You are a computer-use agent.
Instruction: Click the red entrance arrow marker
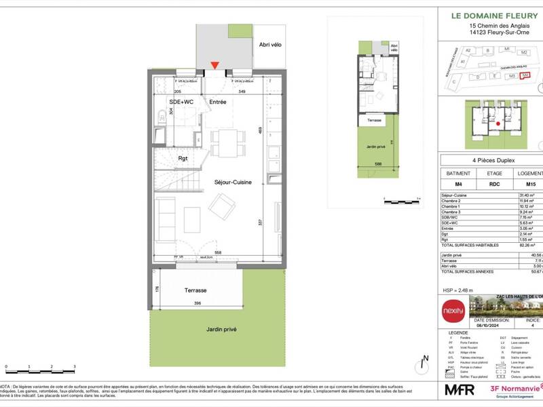tap(214, 66)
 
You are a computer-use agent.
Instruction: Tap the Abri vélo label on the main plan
tap(270, 44)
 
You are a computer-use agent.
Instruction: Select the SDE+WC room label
tap(182, 102)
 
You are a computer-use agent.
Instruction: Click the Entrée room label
tap(217, 102)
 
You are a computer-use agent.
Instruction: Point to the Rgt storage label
tap(183, 159)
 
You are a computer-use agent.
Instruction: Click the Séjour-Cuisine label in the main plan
tap(233, 182)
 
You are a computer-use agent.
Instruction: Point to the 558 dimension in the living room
tap(218, 252)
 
